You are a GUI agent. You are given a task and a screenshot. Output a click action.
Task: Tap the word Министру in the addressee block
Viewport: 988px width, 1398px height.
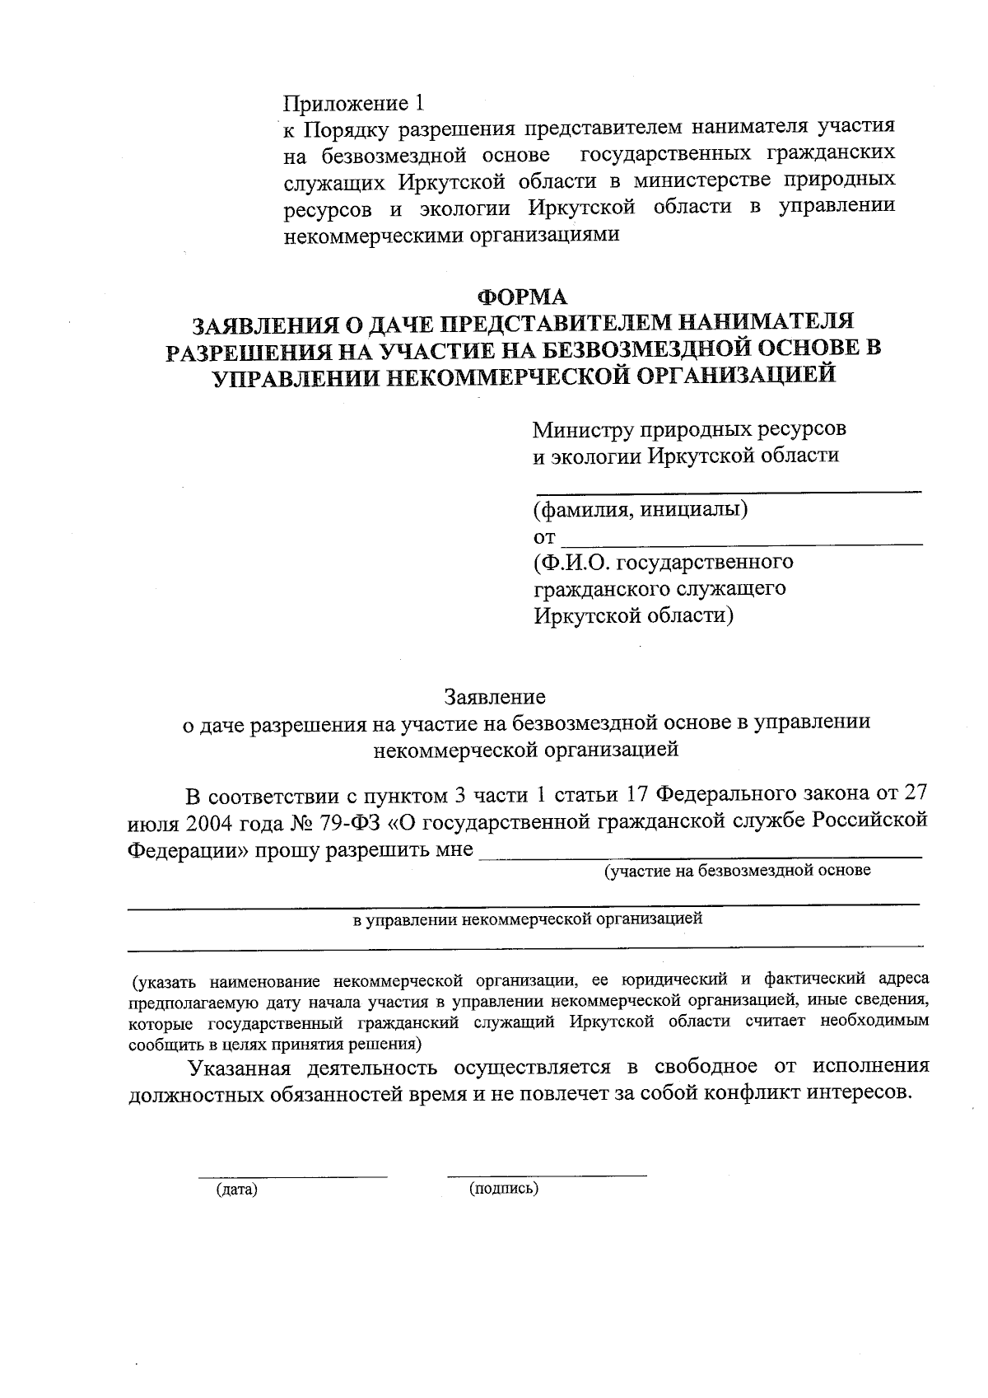coord(580,429)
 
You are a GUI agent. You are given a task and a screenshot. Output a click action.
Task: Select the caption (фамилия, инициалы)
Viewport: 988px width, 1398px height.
coord(641,509)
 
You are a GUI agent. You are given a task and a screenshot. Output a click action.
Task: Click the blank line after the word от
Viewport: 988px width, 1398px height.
coord(741,542)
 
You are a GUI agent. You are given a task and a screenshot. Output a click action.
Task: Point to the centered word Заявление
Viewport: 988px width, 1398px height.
coord(495,697)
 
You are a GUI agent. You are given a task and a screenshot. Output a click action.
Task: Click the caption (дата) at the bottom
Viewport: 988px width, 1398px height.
coord(237,1190)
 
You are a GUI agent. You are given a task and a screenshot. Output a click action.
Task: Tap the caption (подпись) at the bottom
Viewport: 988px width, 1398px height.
coord(504,1189)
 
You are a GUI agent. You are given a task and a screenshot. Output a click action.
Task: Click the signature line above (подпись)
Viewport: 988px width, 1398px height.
coord(547,1175)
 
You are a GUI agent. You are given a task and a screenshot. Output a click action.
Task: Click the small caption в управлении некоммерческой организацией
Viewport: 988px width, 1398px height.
coord(528,919)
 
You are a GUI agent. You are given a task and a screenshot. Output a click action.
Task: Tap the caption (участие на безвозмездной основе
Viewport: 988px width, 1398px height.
coord(737,871)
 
